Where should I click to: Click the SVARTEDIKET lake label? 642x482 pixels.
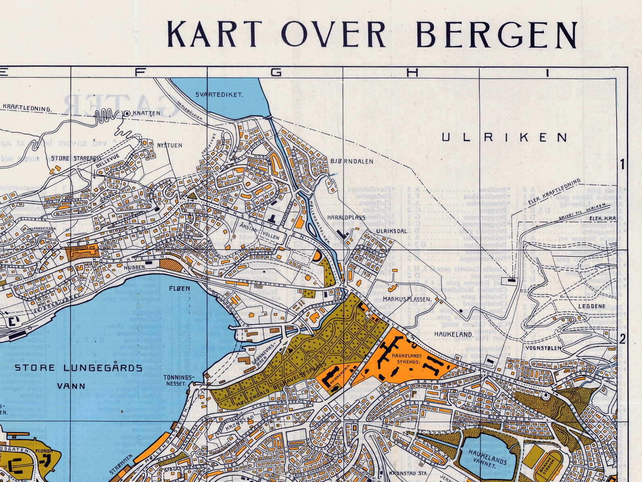coord(219,95)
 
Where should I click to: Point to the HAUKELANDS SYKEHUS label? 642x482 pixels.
coord(406,359)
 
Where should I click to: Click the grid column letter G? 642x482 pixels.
coord(276,72)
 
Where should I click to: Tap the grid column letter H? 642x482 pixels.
coord(412,72)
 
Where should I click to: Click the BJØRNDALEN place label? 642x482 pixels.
coord(352,161)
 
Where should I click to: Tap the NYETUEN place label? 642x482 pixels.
coord(169,145)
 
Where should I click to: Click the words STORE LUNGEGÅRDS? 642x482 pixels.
coord(78,368)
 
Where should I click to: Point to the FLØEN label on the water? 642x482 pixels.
coord(180,289)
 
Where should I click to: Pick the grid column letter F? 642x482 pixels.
coord(139,72)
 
